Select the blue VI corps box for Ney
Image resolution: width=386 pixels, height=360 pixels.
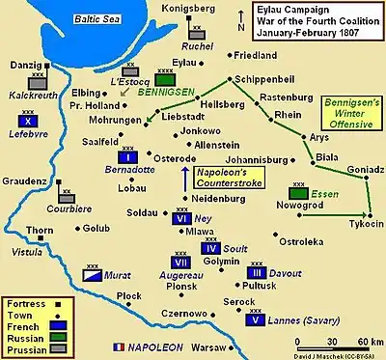pos(179,219)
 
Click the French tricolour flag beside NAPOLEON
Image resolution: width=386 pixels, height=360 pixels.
pos(119,345)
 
